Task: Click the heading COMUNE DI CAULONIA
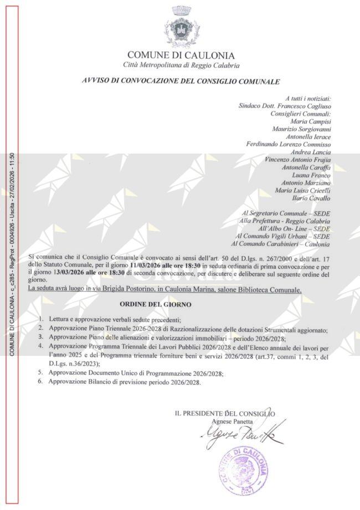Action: pos(181,55)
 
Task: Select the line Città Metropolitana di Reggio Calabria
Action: pos(181,65)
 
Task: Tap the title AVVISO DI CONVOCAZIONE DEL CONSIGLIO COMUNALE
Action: pos(181,81)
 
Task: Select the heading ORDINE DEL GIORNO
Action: pos(156,305)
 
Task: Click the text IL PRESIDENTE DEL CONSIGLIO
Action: pos(224,414)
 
